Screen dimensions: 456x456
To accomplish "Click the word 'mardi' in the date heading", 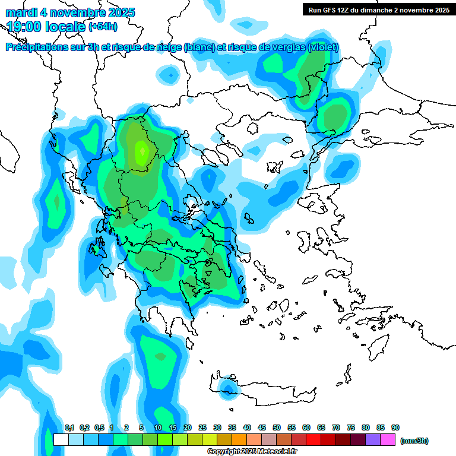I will click(21, 12).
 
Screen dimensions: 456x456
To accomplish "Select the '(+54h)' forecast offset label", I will click(103, 27).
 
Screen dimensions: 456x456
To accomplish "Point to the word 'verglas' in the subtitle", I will click(285, 47).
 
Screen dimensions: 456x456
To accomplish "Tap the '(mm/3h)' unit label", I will click(414, 441).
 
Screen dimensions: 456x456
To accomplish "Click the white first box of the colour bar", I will click(61, 440).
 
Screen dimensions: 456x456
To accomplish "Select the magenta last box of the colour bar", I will click(388, 440).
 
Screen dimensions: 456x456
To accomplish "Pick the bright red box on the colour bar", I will click(313, 440).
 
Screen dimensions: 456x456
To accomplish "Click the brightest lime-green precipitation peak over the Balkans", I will click(141, 153).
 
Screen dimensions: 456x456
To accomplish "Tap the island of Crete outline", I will click(267, 392).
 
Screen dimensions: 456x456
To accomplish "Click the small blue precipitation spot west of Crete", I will click(226, 388).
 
